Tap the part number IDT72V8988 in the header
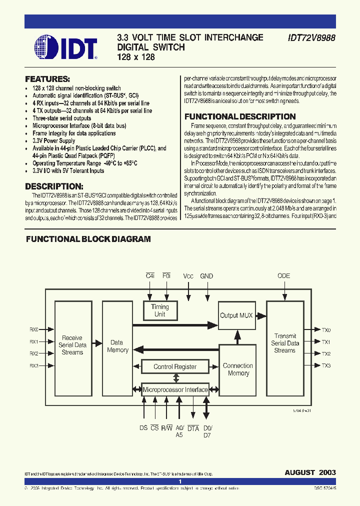coord(311,37)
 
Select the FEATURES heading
coord(47,79)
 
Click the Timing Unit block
coord(160,310)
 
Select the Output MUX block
coord(236,315)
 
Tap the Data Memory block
coord(117,346)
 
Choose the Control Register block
coord(174,366)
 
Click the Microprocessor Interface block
coord(175,389)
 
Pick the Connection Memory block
coord(238,369)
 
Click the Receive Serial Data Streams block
coord(72,345)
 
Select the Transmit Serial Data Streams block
coord(284,343)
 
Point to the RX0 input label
coord(34,329)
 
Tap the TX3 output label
coord(326,365)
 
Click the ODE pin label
coord(283,276)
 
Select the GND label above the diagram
coord(206,276)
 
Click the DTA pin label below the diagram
coord(193,428)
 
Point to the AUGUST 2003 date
coord(310,472)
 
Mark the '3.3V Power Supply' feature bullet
coord(54,141)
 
